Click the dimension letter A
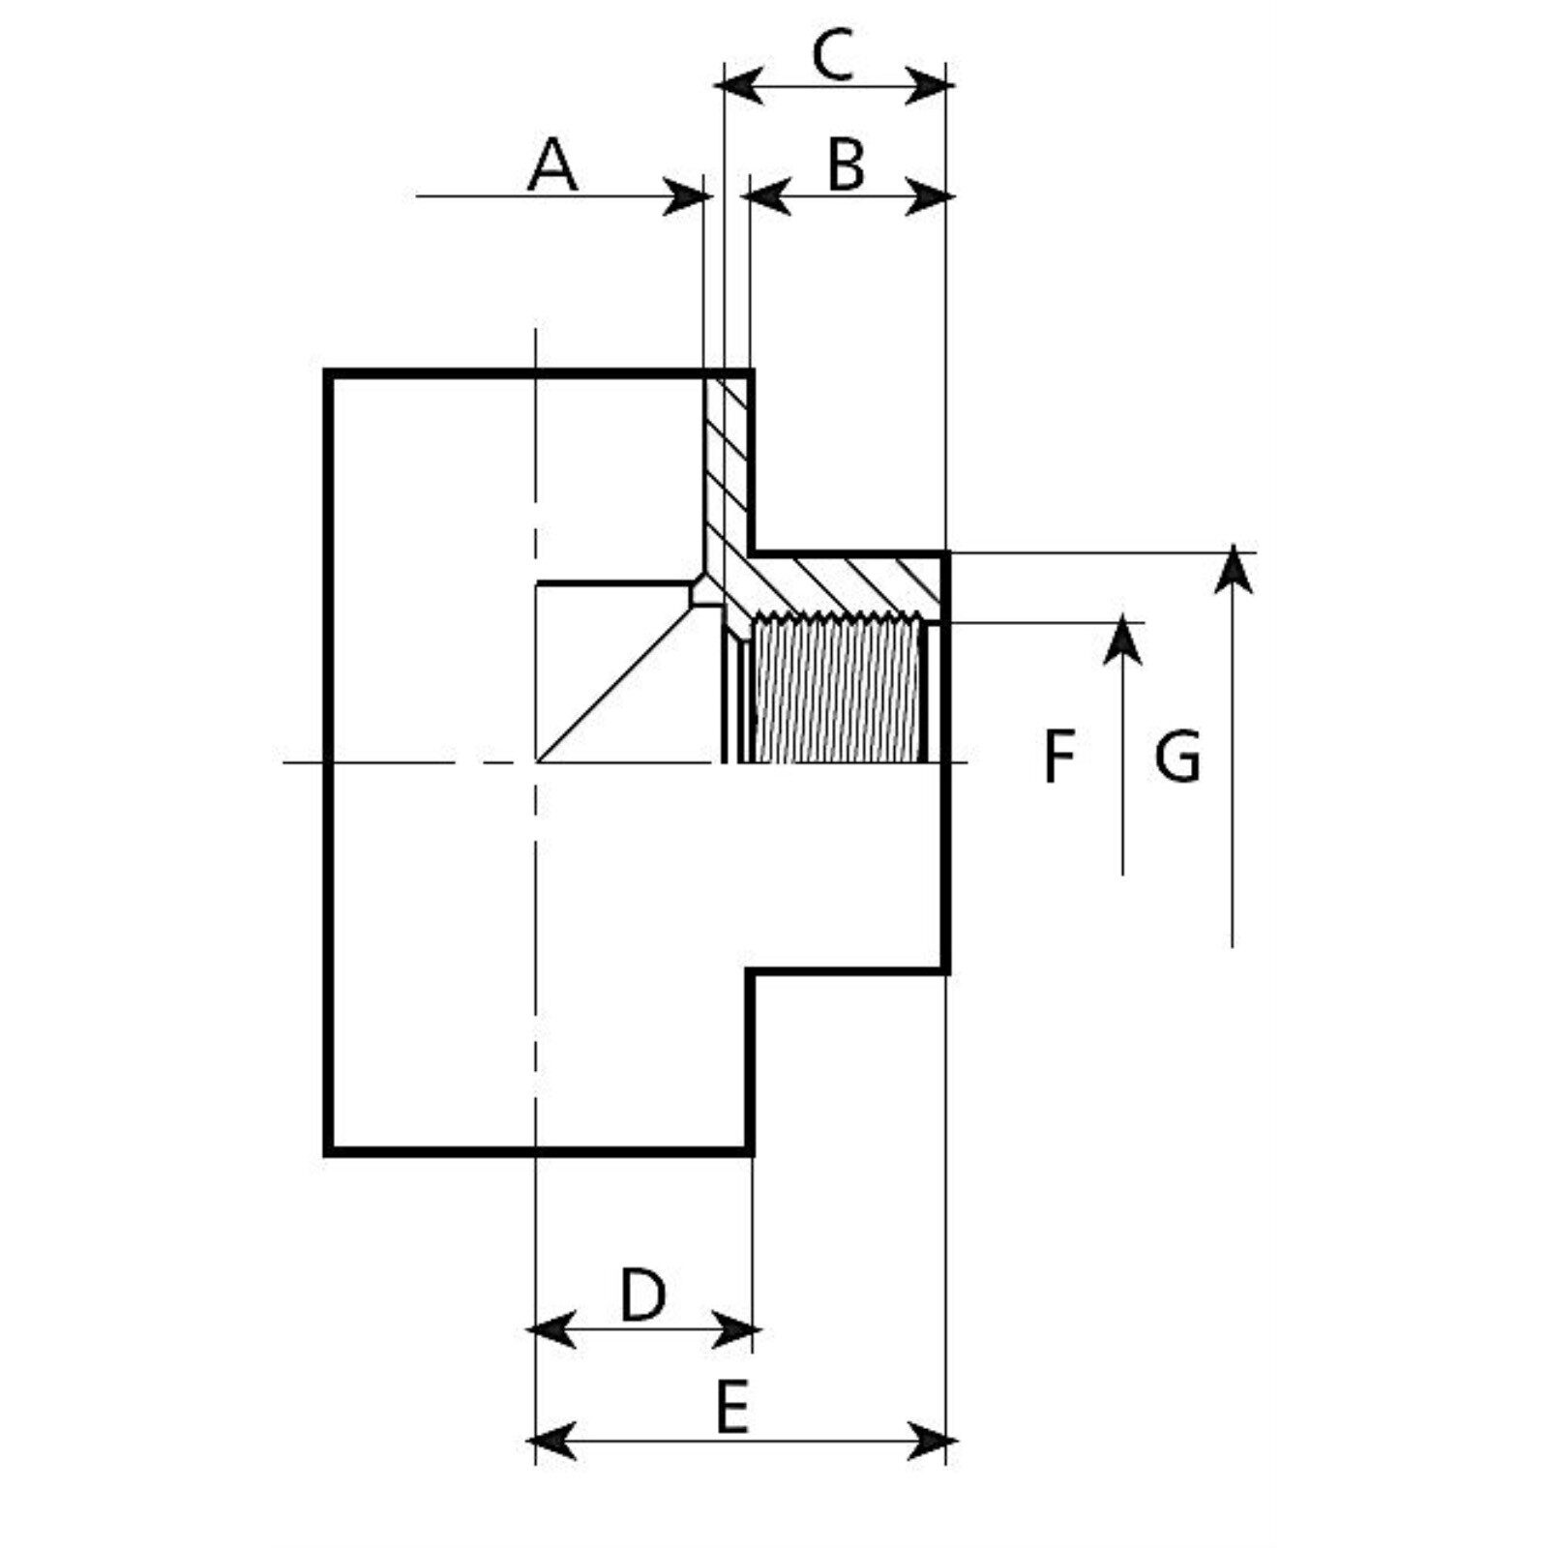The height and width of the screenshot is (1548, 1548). (552, 165)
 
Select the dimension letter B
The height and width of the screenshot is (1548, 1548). (846, 165)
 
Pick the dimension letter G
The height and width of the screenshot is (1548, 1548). (1177, 757)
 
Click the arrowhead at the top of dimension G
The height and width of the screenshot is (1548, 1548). (1233, 569)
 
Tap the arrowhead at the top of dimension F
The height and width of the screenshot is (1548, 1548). (1122, 639)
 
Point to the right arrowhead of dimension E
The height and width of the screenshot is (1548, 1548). (929, 1442)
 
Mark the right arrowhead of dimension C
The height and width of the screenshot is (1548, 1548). (927, 86)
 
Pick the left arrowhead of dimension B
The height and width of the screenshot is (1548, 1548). (769, 197)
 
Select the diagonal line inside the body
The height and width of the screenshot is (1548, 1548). (619, 682)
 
